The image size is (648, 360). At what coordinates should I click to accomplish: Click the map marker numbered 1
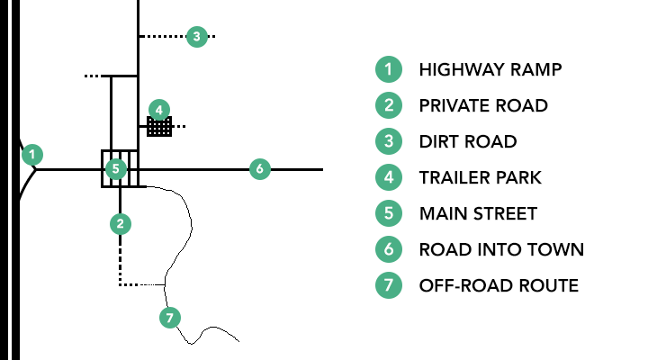pos(32,154)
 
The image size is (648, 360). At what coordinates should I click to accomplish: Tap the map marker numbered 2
pos(120,222)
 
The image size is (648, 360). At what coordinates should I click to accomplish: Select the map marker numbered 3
pos(197,37)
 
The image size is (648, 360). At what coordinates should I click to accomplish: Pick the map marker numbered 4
pos(158,111)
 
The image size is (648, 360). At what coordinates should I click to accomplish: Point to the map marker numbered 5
pos(114,168)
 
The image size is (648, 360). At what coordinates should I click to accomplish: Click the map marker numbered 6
pos(259,168)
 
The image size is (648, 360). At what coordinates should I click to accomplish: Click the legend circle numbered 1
pos(388,69)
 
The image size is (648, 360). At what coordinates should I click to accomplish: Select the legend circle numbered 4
pos(388,177)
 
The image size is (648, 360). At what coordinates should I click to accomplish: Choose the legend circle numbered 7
pos(388,285)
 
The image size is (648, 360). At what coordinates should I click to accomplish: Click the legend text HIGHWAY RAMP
pos(490,69)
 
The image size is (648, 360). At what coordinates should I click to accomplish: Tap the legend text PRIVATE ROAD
pos(483,105)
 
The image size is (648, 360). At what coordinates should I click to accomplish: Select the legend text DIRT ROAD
pos(468,141)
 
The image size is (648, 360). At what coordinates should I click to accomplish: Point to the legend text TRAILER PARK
pos(481,177)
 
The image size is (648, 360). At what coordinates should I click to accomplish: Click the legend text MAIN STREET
pos(478,213)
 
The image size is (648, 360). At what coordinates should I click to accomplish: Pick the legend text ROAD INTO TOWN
pos(502,249)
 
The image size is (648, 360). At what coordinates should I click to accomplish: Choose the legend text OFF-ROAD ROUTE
pos(499,285)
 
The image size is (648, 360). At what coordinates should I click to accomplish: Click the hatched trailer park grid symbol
pos(159,127)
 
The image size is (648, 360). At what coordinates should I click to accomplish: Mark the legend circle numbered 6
pos(388,249)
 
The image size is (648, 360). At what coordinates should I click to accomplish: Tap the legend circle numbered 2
pos(388,105)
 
